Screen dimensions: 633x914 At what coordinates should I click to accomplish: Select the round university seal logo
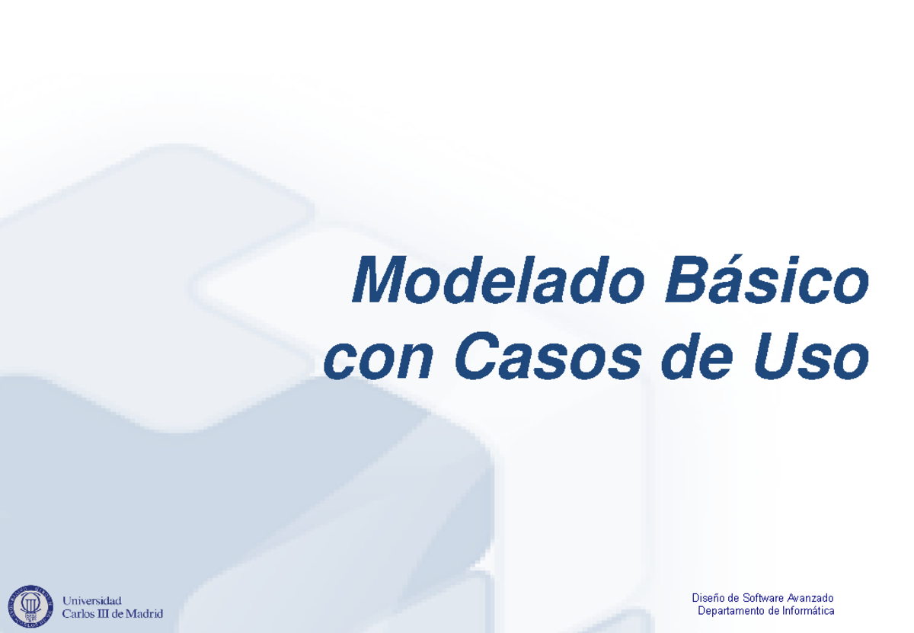click(x=30, y=607)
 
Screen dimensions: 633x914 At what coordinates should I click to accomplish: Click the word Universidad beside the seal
click(x=91, y=601)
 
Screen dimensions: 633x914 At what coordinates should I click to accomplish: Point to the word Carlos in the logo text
click(x=78, y=614)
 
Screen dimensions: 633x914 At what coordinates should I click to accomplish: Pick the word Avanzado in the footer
click(x=810, y=598)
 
